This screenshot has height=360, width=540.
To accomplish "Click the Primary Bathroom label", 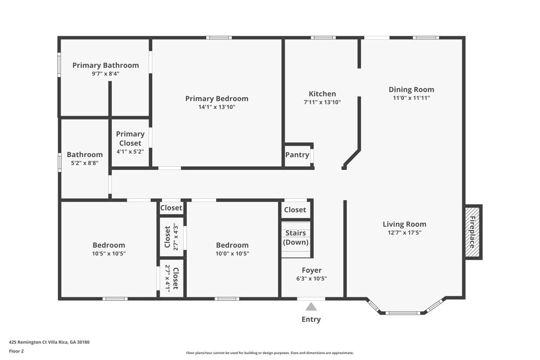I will click(105, 65).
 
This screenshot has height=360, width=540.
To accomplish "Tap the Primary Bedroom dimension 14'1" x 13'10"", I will click(217, 107).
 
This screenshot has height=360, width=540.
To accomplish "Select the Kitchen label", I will click(322, 93).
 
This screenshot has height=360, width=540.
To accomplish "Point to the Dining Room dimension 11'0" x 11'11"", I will click(411, 98).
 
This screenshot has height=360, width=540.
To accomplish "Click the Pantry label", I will click(297, 155).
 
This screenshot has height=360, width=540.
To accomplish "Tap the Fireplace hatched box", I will click(473, 232).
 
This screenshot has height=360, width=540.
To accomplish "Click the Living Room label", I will click(404, 224).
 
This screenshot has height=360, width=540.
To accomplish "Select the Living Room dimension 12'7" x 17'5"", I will click(404, 233).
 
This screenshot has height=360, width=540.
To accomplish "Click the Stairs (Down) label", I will click(296, 237).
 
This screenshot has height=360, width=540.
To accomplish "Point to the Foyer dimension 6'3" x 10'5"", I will click(312, 279).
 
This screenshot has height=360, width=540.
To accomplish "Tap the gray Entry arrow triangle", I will click(311, 307).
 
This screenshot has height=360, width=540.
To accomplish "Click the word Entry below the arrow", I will click(311, 319).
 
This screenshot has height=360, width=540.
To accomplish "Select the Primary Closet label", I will click(130, 139).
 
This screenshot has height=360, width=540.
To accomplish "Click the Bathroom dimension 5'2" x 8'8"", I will click(84, 162).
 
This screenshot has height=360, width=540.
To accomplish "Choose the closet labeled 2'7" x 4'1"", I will click(171, 278).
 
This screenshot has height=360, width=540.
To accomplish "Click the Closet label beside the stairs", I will click(295, 209).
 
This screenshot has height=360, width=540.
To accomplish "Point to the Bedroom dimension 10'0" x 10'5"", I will click(232, 253).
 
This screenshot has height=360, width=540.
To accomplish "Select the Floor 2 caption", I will click(16, 351).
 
